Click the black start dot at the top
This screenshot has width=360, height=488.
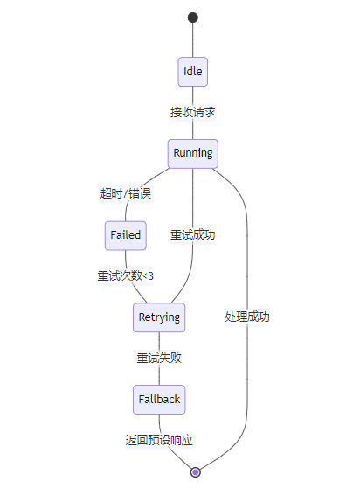pyautogui.click(x=193, y=17)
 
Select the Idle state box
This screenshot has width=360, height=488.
pyautogui.click(x=193, y=72)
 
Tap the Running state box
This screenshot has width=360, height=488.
pyautogui.click(x=193, y=153)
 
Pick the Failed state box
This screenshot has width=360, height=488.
pyautogui.click(x=126, y=235)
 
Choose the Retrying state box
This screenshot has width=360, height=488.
pyautogui.click(x=159, y=317)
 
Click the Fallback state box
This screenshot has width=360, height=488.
pyautogui.click(x=159, y=400)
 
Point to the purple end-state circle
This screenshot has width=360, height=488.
pyautogui.click(x=195, y=472)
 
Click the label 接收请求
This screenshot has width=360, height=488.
pyautogui.click(x=193, y=112)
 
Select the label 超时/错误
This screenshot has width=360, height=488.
pyautogui.click(x=126, y=193)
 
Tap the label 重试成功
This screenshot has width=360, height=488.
pyautogui.click(x=193, y=235)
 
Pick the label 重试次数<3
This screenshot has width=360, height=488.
pyautogui.click(x=126, y=276)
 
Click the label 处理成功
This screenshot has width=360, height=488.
pyautogui.click(x=247, y=317)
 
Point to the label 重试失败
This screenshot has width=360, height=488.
pyautogui.click(x=159, y=358)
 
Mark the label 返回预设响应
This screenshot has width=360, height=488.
pyautogui.click(x=159, y=440)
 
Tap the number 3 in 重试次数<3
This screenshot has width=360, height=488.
pyautogui.click(x=150, y=276)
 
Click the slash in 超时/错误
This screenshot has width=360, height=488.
pyautogui.click(x=126, y=193)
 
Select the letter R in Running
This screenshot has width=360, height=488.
pyautogui.click(x=177, y=153)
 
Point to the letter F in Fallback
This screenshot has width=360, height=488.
pyautogui.click(x=142, y=399)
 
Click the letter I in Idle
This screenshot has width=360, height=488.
pyautogui.click(x=184, y=71)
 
